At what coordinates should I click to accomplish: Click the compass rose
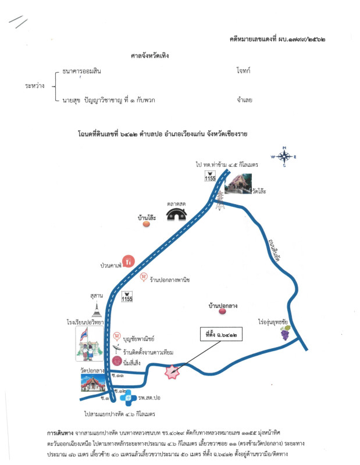pyautogui.click(x=284, y=156)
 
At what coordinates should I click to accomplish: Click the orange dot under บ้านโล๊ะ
pyautogui.click(x=145, y=224)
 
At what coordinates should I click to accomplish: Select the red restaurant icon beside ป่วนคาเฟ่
pyautogui.click(x=129, y=262)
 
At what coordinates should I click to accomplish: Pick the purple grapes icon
pyautogui.click(x=286, y=333)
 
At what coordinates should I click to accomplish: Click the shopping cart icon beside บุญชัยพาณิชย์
pyautogui.click(x=117, y=337)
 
